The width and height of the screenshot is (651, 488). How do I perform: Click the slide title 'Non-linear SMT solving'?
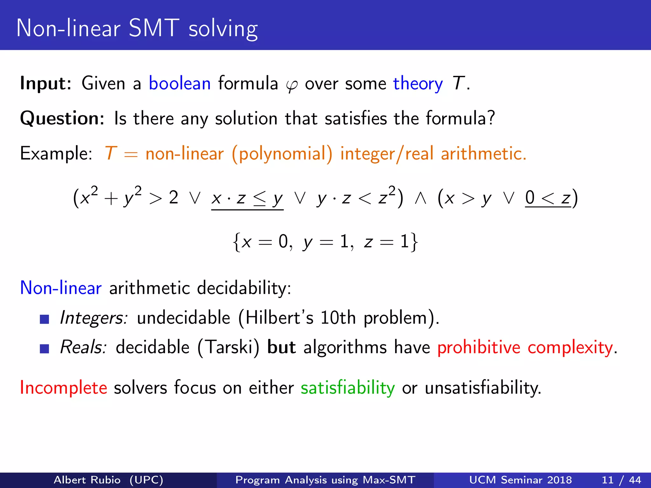click(x=137, y=29)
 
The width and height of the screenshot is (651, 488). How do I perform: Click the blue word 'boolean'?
click(x=180, y=84)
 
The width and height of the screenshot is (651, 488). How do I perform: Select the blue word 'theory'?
click(x=418, y=84)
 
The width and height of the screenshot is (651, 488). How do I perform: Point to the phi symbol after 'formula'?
click(x=291, y=85)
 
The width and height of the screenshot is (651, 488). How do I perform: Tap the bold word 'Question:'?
click(x=62, y=119)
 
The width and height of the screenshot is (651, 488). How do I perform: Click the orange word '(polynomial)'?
click(x=282, y=154)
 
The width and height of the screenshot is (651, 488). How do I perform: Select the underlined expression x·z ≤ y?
click(x=247, y=199)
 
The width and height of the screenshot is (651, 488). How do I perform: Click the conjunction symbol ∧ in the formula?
click(x=420, y=198)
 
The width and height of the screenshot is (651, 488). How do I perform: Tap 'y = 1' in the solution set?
click(x=327, y=242)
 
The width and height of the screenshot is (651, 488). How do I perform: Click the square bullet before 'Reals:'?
click(x=45, y=349)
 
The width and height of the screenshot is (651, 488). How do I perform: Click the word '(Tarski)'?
click(x=228, y=347)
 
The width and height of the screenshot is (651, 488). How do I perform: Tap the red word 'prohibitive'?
click(x=478, y=347)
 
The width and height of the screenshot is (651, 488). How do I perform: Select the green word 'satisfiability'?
click(x=347, y=388)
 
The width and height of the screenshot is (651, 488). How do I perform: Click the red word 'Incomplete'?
click(x=64, y=388)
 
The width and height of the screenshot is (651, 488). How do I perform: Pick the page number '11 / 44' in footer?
click(x=621, y=480)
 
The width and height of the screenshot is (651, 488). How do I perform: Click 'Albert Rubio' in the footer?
click(x=87, y=480)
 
